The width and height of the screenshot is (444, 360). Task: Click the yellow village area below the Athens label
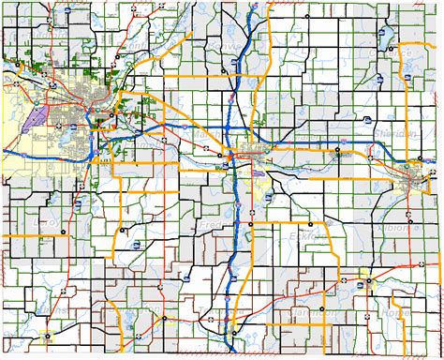[48, 335]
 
